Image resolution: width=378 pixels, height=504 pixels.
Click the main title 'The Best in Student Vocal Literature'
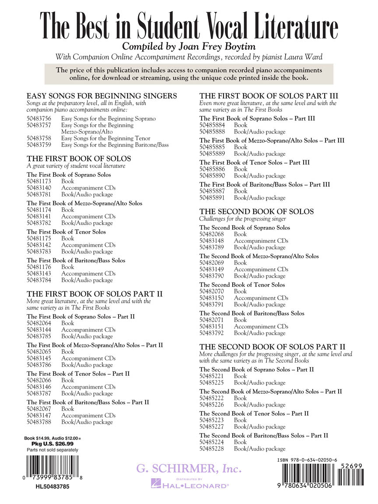point(189,26)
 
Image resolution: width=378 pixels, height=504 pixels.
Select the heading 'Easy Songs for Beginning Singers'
point(101,96)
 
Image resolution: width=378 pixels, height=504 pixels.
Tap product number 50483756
point(39,119)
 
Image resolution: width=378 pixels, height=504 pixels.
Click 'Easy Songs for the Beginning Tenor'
point(105,138)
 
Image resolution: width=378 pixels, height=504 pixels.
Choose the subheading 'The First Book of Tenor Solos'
point(66,232)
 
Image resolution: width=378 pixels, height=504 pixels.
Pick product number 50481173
point(39,181)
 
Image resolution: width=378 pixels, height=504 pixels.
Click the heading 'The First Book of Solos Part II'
point(94,294)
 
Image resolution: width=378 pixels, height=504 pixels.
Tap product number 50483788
point(39,422)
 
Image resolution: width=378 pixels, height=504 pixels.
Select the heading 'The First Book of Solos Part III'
point(269,96)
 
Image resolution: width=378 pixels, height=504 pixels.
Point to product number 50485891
point(212,198)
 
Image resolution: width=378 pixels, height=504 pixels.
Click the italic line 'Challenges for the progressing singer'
point(242,219)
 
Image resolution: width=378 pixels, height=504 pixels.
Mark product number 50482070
point(212,291)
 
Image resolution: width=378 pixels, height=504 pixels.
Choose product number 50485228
point(212,449)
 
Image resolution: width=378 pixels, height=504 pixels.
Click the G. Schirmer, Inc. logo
point(189,469)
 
